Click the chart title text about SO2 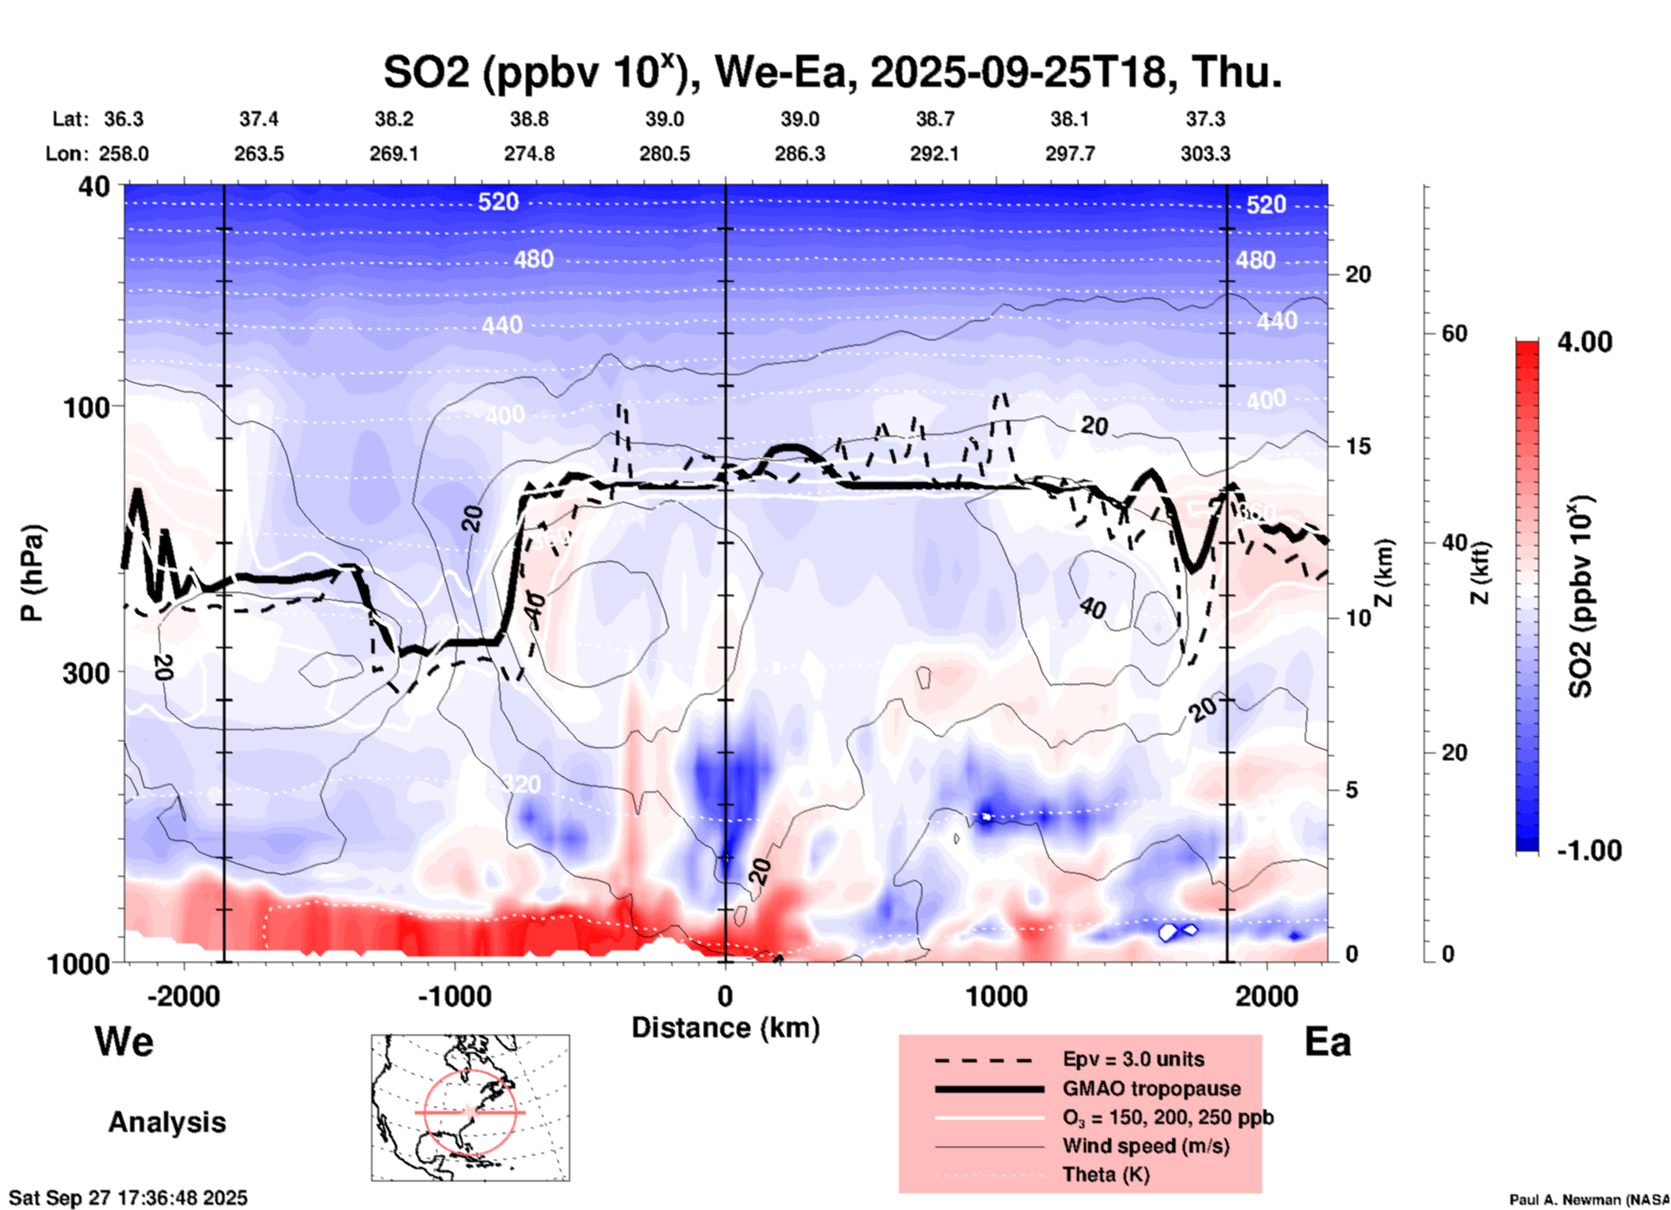coord(832,72)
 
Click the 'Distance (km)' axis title coord(725,1028)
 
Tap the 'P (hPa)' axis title coord(32,573)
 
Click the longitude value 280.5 coord(665,154)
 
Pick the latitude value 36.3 coord(123,119)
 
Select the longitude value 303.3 coord(1205,154)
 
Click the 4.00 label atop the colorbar coord(1584,342)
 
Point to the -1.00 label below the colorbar coord(1589,851)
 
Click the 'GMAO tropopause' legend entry coord(1151,1088)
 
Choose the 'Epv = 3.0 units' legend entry coord(1133,1060)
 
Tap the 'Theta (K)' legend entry coord(1105,1174)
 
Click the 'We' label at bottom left coord(124,1041)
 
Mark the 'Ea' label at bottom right coord(1327,1042)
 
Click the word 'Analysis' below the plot coord(167,1122)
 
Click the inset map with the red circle coord(470,1108)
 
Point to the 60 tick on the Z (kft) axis coord(1454,334)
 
